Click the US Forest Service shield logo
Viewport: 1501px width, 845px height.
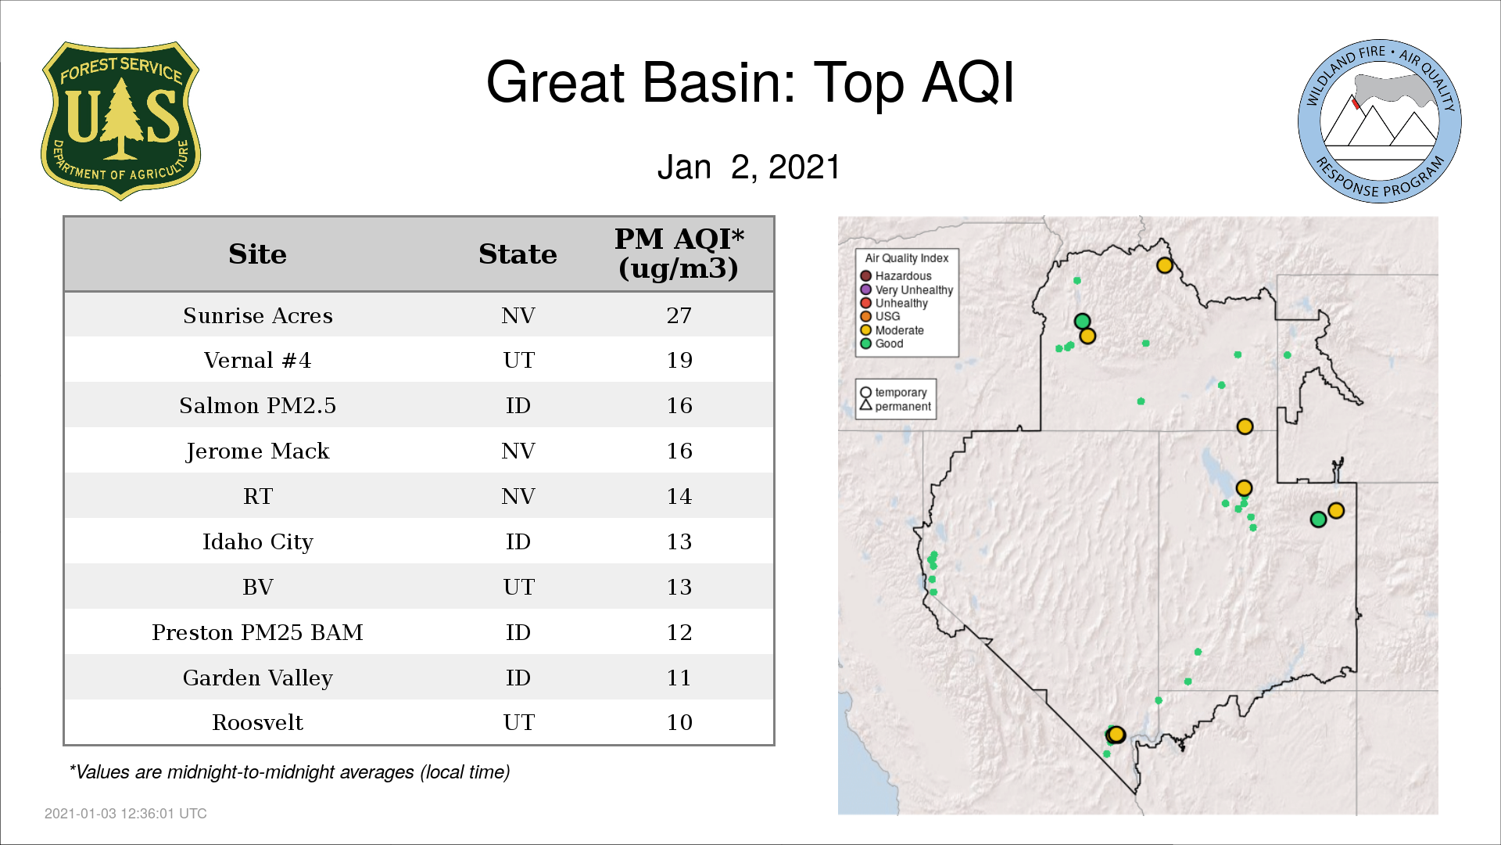pos(120,121)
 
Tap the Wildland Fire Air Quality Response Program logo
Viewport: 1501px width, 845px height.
pos(1380,121)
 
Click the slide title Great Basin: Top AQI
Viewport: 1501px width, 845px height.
pos(750,82)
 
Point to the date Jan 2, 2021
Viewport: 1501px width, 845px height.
pos(748,167)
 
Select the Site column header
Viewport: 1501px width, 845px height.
pos(257,254)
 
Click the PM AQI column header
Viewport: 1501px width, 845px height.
pos(679,253)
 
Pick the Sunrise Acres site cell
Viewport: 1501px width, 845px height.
pos(258,315)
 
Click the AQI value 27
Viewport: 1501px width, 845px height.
pos(679,315)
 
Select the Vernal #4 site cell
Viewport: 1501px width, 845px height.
pos(258,361)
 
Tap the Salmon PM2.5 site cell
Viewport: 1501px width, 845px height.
pos(258,405)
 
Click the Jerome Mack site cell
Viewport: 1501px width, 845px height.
pos(258,451)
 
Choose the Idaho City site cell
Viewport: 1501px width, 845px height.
pos(258,541)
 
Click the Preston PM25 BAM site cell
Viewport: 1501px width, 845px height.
pos(258,632)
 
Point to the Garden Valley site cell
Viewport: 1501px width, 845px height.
pos(258,678)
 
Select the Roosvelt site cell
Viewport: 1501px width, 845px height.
pos(258,722)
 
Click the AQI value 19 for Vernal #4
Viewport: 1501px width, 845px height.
pos(679,361)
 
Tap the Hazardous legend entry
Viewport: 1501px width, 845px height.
pos(896,276)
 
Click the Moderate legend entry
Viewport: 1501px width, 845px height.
pos(892,330)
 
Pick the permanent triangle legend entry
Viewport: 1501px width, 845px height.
pos(896,406)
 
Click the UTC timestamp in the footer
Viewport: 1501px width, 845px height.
pos(126,814)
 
